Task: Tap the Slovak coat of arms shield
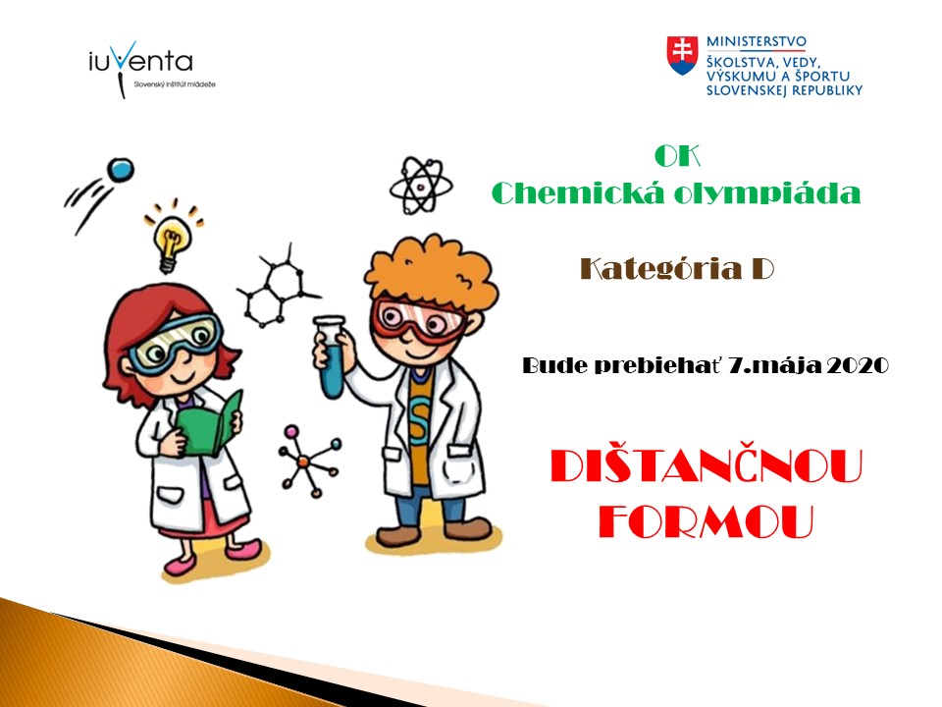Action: click(x=683, y=55)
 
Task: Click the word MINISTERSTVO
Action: click(x=757, y=41)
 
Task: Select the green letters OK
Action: click(x=677, y=156)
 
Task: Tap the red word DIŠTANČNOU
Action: click(x=706, y=466)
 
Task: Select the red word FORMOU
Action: click(x=706, y=521)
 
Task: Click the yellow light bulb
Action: click(x=173, y=241)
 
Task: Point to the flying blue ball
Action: click(x=120, y=170)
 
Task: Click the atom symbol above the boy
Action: click(x=421, y=186)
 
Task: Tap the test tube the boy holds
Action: click(x=331, y=357)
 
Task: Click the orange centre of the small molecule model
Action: click(x=303, y=462)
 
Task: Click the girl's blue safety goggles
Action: click(x=175, y=343)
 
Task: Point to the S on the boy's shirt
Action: click(x=419, y=414)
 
